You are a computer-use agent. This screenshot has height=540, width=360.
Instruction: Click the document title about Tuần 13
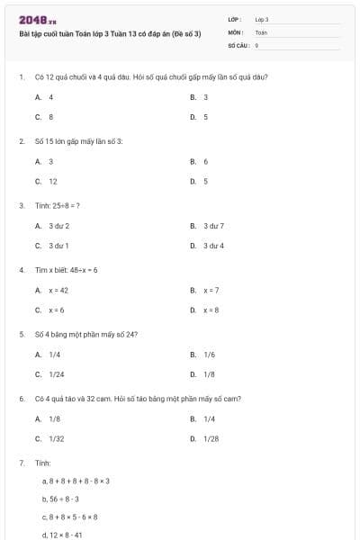coord(109,32)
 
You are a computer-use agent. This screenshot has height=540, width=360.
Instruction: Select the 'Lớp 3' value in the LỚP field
coord(262,19)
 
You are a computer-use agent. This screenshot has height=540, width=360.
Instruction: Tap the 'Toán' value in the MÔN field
coord(261,31)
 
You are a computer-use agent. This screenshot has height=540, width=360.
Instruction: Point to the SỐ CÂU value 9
coord(257,44)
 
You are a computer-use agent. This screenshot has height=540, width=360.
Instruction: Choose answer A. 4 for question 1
coord(45,96)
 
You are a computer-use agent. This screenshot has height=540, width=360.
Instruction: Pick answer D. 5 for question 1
coord(200,117)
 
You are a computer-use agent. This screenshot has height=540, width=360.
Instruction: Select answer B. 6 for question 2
coord(200,161)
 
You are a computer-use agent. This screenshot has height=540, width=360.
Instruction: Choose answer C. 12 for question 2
coord(47,181)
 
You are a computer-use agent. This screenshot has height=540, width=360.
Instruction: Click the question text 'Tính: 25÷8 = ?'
coord(58,205)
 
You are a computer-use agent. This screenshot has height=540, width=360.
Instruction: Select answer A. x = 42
coord(52,290)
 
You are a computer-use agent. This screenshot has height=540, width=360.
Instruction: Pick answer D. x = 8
coord(206,310)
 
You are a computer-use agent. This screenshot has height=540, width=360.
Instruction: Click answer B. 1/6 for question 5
coord(203,355)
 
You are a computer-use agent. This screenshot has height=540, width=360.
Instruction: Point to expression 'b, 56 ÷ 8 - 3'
coord(60,498)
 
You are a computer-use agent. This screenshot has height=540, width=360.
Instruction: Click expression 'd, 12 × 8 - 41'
coord(62,535)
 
